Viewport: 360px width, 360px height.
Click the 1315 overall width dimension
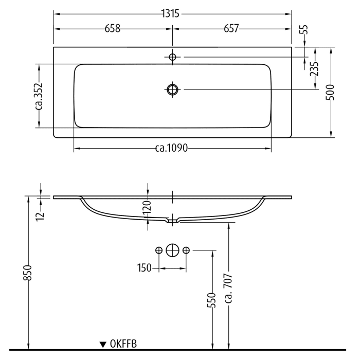[172, 14]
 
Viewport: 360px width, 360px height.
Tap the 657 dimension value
[231, 29]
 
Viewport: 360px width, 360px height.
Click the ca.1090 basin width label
[172, 149]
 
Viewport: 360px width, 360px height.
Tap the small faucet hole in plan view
[172, 57]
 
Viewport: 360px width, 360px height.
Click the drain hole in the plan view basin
[172, 89]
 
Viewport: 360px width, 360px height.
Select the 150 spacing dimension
[145, 268]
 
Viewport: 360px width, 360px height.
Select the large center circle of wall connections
[172, 250]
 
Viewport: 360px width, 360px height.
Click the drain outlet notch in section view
[172, 221]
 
